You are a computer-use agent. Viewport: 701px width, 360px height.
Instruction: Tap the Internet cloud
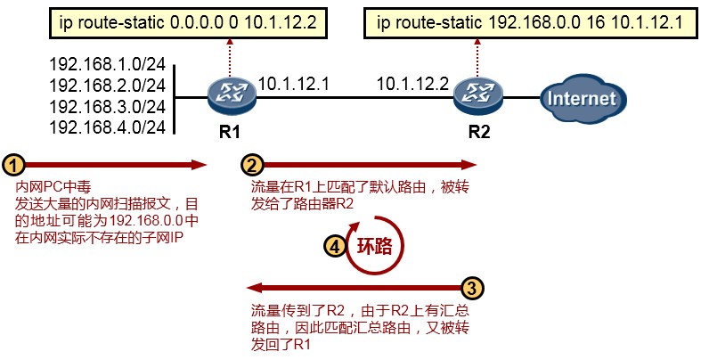[x=582, y=95]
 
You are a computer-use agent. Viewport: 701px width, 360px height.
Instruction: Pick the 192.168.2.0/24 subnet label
[x=108, y=86]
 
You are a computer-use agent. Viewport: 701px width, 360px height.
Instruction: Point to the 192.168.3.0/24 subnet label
[x=108, y=107]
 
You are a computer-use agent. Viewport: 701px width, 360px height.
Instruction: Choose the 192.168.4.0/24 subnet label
[x=108, y=127]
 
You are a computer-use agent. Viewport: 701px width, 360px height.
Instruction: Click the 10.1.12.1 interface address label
[x=294, y=85]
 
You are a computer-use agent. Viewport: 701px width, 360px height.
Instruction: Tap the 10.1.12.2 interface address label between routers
[x=412, y=85]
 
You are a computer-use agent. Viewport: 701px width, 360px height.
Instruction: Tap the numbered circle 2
[x=253, y=164]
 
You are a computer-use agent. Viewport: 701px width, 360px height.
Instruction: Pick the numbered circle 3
[x=474, y=288]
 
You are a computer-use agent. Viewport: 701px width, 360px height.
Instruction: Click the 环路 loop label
[x=374, y=248]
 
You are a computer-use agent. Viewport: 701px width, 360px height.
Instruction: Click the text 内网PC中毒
[x=47, y=189]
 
